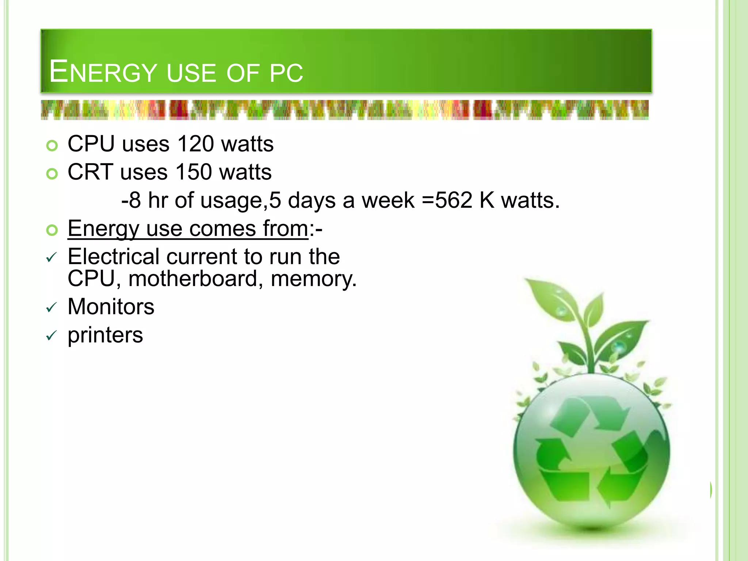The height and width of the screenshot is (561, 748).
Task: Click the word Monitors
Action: click(x=111, y=306)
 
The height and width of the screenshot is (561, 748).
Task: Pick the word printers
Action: click(x=105, y=335)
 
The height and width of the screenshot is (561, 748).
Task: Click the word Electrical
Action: click(x=114, y=256)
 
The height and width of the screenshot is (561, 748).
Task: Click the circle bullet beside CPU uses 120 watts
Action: click(x=52, y=146)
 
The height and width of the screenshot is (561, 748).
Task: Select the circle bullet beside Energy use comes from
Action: click(x=52, y=230)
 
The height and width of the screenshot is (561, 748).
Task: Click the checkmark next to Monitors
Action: click(x=51, y=308)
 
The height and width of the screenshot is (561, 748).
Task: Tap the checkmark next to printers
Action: click(x=51, y=336)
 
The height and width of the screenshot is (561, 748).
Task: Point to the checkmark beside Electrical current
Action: click(x=51, y=258)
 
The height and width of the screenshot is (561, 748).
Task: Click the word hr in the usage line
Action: click(x=158, y=201)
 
